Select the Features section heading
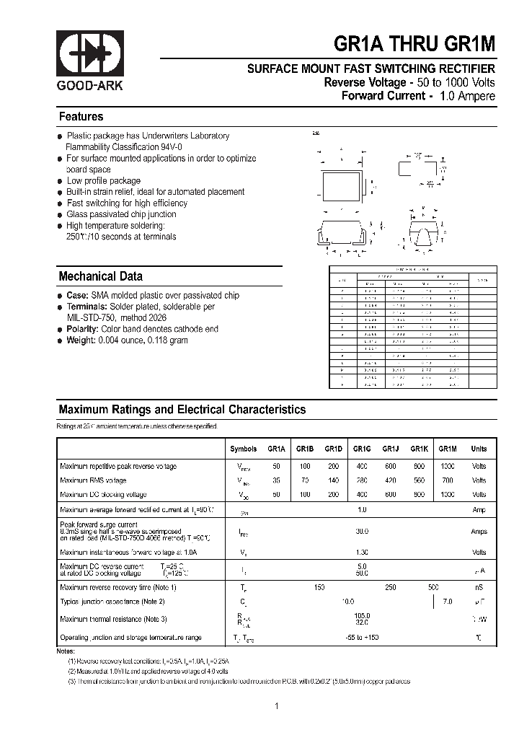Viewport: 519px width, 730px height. pos(81,117)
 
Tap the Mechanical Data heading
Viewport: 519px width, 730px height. pos(100,276)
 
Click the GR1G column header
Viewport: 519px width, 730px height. pos(362,449)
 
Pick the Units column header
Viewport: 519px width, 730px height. pos(479,449)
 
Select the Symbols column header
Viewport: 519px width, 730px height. pos(243,449)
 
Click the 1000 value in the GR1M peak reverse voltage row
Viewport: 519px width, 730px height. pos(448,466)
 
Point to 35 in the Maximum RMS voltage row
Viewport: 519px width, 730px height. pos(277,480)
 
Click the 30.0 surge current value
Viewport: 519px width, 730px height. pos(362,531)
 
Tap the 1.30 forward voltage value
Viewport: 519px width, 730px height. pos(362,552)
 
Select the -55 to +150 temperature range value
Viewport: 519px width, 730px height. pos(362,638)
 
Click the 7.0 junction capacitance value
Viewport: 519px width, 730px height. pos(448,601)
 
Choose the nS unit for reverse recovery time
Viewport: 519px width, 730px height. pos(479,587)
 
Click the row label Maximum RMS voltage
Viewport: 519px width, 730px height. pos(93,480)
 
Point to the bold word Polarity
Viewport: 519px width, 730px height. pos(82,329)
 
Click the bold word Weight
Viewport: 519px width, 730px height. pos(81,340)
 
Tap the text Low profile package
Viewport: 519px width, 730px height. pos(104,181)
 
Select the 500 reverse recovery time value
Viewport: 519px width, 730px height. pos(433,587)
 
